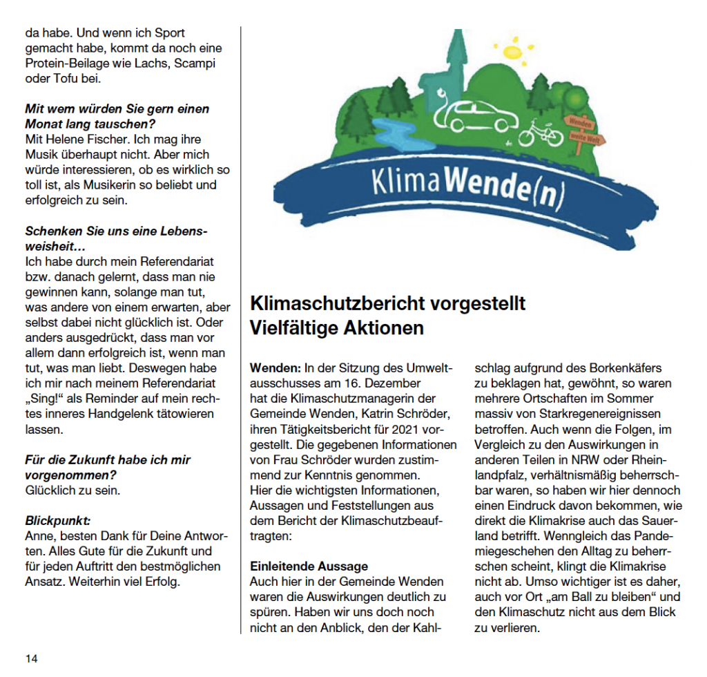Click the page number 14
pos(32,658)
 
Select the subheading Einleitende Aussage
pos(309,566)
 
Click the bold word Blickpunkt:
pos(58,521)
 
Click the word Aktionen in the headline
pos(383,328)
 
